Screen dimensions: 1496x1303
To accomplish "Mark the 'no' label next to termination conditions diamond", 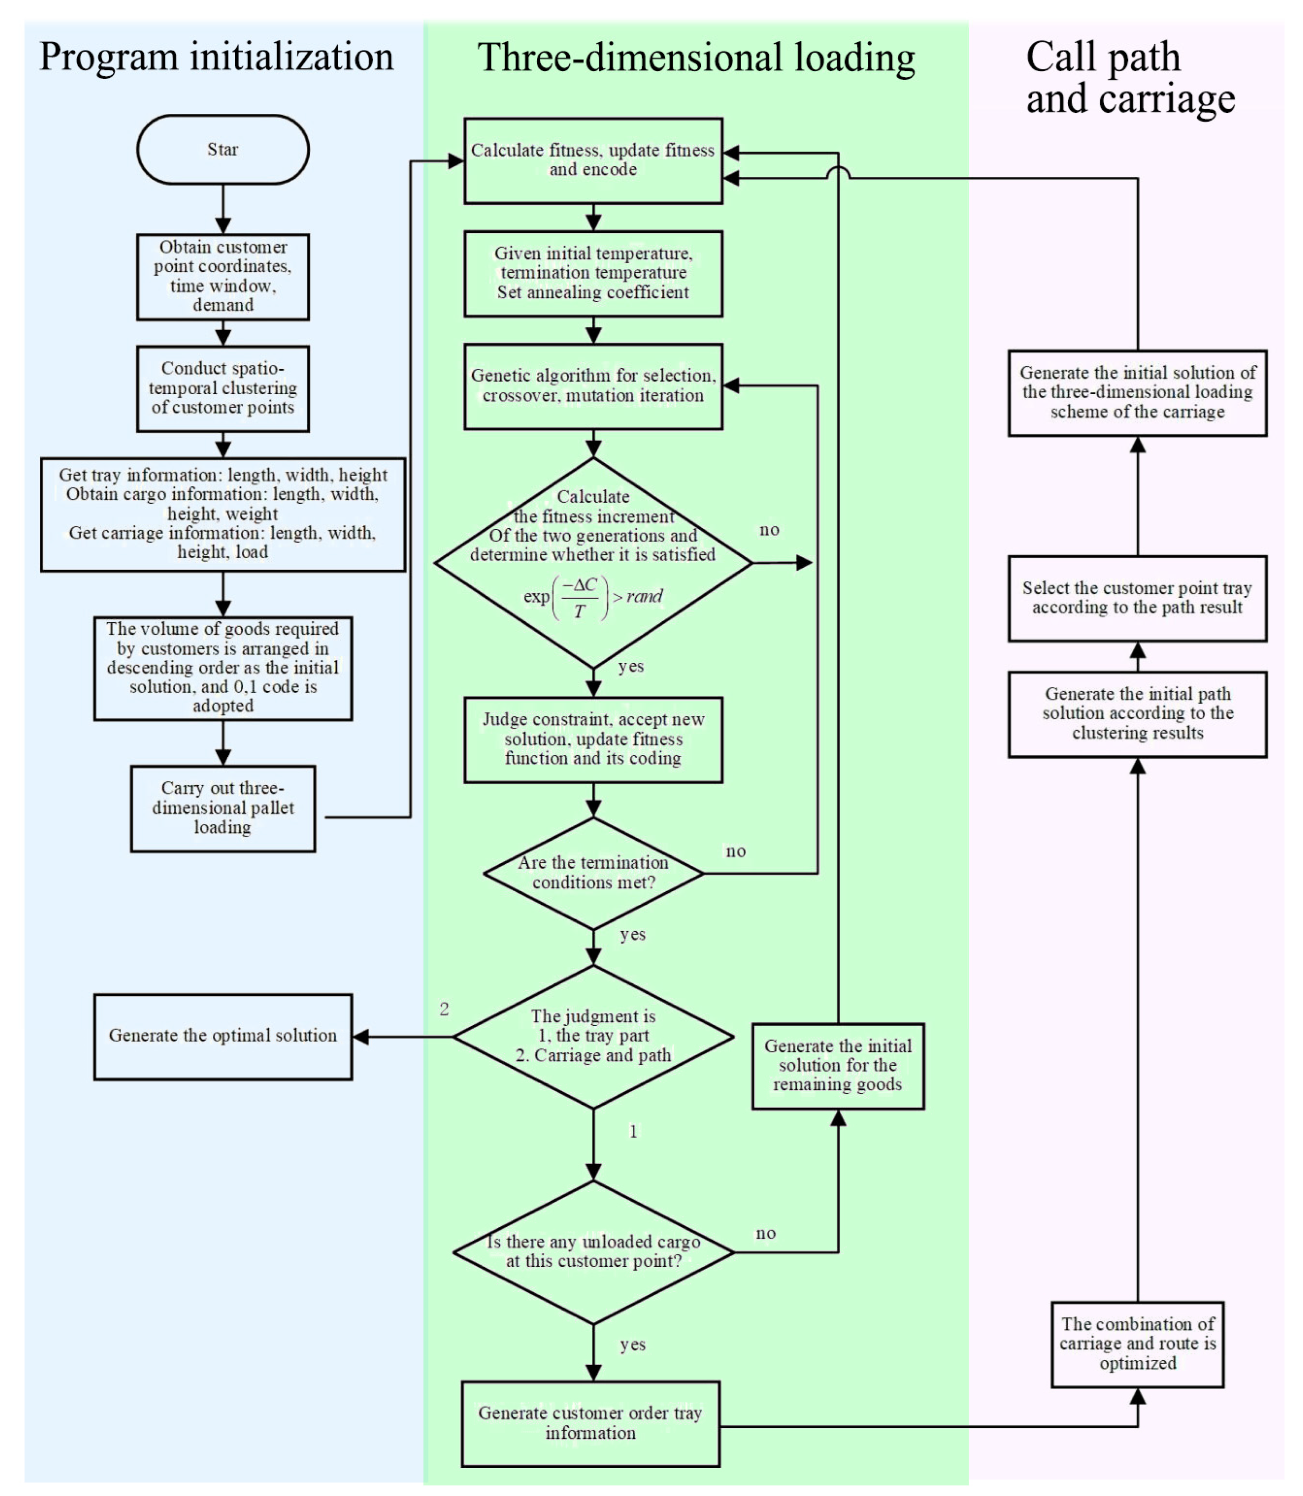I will [x=736, y=851].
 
